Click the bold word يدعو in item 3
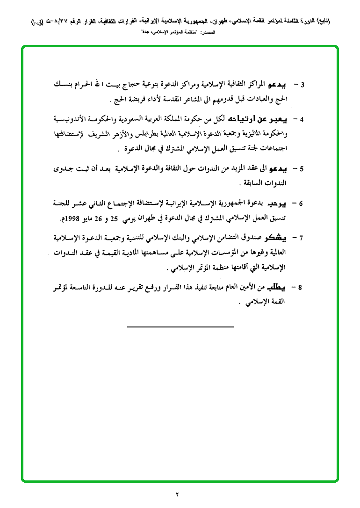tap(275, 85)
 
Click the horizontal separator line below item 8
tap(180, 326)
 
